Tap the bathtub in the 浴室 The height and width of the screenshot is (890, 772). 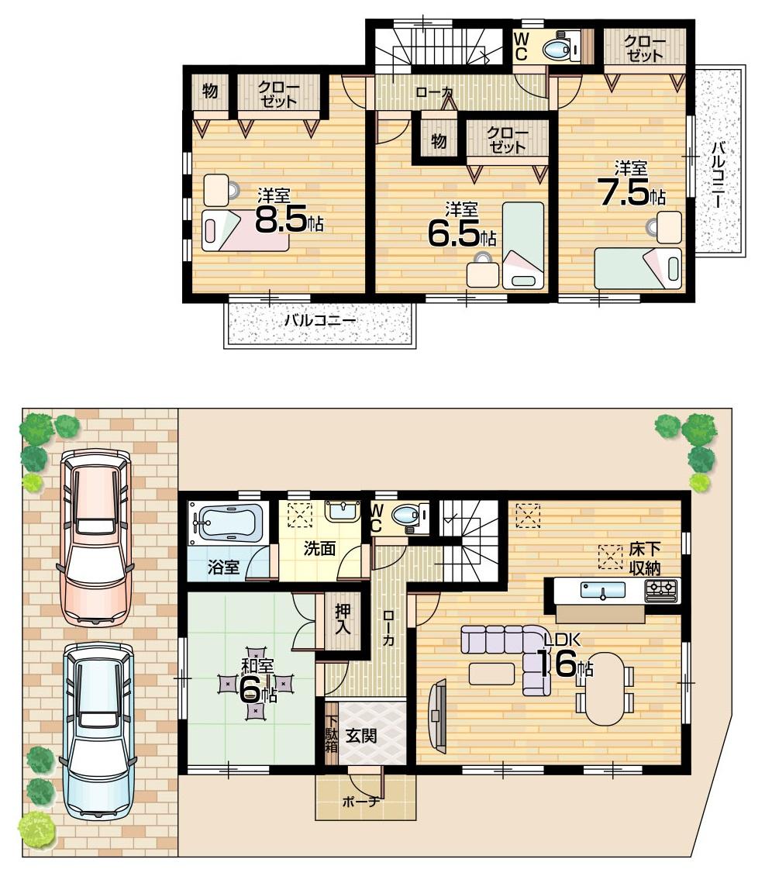pos(228,521)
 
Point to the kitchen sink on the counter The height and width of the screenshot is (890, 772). pos(603,590)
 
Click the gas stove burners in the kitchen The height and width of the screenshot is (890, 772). pos(660,590)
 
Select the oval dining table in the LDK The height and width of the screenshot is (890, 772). pos(605,688)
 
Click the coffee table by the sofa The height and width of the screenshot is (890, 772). pos(491,673)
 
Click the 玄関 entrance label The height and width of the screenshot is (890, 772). pos(361,734)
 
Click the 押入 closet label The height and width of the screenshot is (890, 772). pos(343,617)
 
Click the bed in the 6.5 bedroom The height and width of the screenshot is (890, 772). pos(523,245)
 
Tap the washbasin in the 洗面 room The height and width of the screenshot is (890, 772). pos(342,510)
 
